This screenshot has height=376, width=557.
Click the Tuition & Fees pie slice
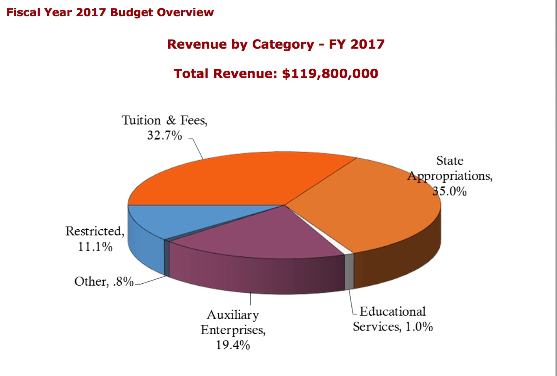pos(239,178)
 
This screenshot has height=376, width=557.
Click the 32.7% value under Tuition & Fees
pos(164,135)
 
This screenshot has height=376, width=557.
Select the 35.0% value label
pos(450,191)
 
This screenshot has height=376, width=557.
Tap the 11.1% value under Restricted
pos(95,247)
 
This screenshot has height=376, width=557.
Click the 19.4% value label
pos(233,345)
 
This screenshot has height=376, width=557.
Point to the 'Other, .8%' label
pos(104,281)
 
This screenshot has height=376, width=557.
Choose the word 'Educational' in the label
pos(393,312)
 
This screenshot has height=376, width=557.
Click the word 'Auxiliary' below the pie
pos(233,315)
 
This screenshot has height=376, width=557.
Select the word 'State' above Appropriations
pos(450,161)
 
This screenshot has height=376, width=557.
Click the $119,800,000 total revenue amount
pos(330,73)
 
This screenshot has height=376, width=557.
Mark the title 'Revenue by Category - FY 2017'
pos(276,44)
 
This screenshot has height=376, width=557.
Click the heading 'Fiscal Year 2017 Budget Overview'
pos(110,12)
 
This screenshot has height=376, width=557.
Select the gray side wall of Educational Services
pos(349,272)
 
